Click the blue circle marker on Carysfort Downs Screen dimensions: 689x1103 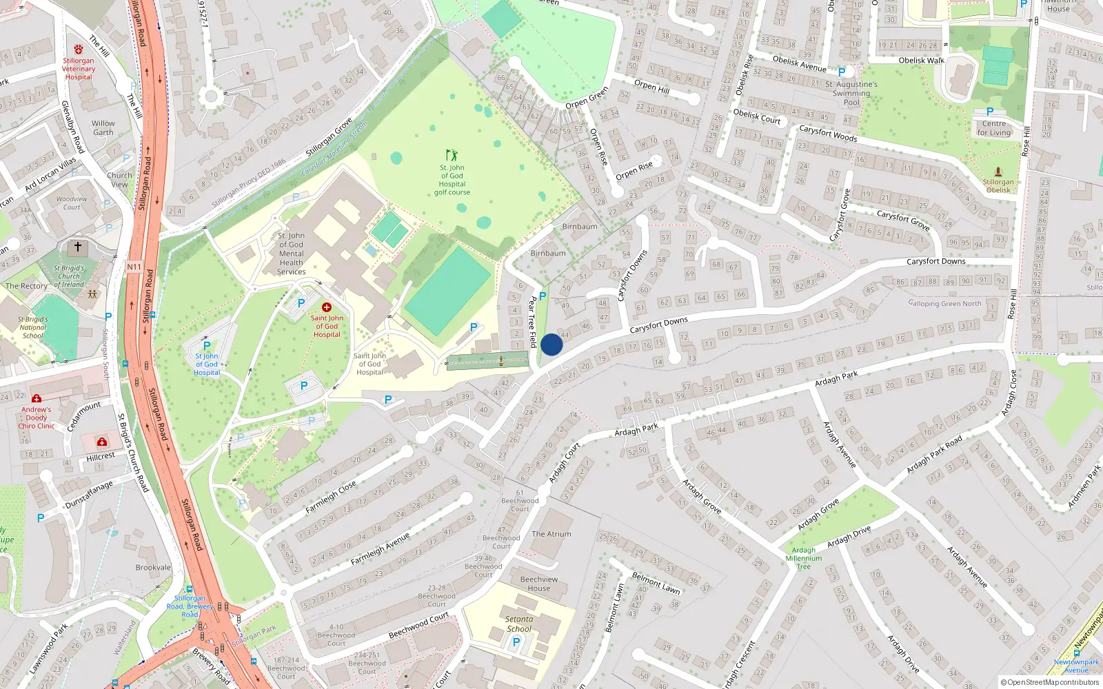551,344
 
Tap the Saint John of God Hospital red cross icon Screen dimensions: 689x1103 327,307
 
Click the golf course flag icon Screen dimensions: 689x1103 452,155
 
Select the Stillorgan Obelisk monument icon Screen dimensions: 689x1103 998,172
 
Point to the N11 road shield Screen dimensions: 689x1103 134,267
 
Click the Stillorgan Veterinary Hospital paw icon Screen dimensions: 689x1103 78,50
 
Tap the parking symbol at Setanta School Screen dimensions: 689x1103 516,642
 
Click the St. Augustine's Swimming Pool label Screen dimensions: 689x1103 851,94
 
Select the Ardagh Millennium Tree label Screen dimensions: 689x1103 804,558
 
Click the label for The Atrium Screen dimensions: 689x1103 551,534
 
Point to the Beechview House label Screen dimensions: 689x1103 539,584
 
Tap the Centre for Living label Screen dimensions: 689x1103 993,128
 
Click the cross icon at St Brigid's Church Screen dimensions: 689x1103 78,247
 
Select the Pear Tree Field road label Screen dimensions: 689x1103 532,322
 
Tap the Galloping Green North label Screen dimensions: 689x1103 944,303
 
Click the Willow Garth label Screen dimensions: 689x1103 103,128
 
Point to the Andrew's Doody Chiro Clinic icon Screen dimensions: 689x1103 37,399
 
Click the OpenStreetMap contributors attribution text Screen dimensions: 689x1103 1049,683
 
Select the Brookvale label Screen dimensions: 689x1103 153,568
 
